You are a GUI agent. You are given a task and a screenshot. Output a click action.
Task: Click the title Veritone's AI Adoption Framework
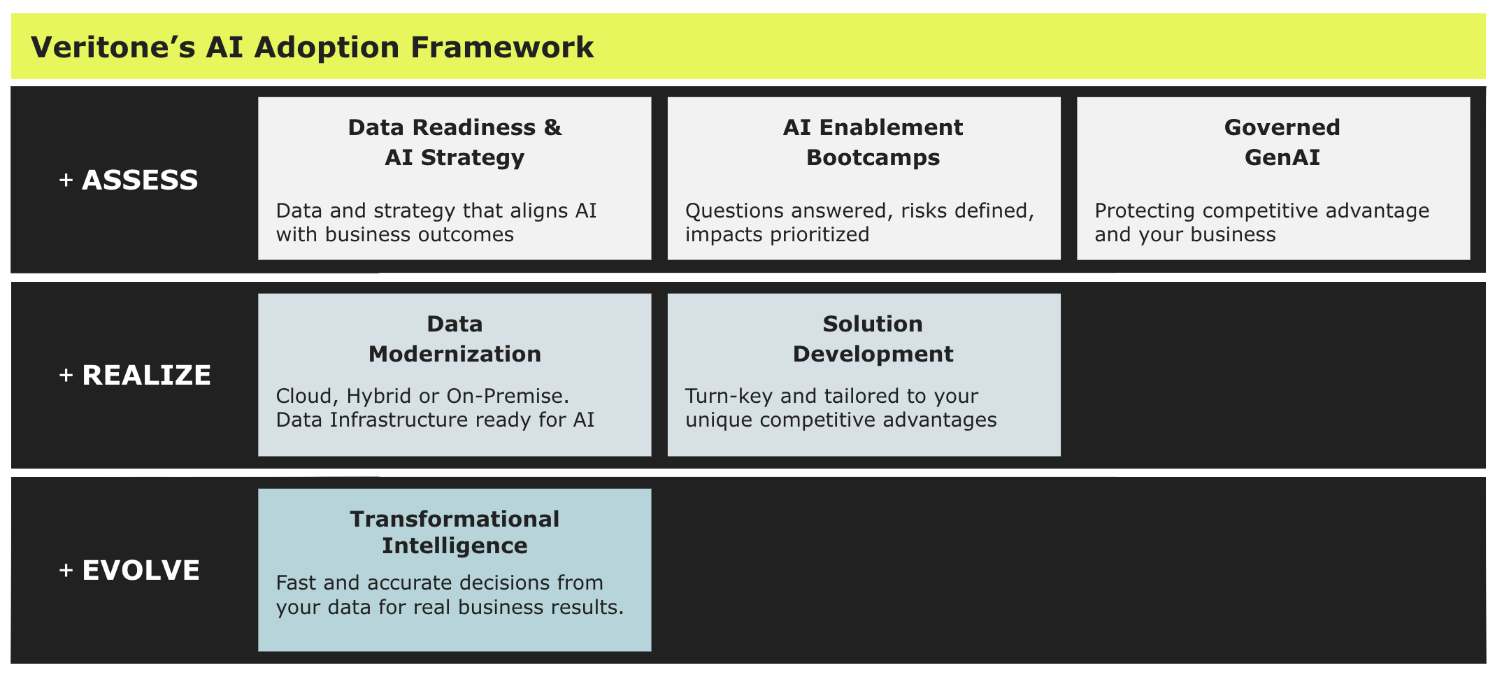[x=312, y=48]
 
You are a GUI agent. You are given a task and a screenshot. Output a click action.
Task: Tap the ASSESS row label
[x=140, y=180]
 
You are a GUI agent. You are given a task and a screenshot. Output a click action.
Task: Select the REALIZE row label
[x=146, y=376]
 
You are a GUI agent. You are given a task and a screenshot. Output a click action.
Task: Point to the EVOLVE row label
[x=141, y=571]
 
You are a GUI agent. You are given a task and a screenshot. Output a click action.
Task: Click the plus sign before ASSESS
[x=66, y=180]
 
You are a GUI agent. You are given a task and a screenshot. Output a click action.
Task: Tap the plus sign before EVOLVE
[x=66, y=571]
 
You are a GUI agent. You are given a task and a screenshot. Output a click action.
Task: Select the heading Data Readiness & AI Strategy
[x=455, y=142]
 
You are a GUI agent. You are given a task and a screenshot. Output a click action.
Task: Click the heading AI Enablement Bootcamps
[x=873, y=142]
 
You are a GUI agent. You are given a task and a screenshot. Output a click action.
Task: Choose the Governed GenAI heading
[x=1282, y=142]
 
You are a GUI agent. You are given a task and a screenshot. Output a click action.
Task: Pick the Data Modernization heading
[x=455, y=338]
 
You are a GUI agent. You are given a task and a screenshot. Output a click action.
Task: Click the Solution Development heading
[x=873, y=338]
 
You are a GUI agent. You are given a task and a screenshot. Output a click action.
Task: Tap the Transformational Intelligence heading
[x=455, y=532]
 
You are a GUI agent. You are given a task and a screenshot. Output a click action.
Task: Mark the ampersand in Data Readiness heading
[x=552, y=127]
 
